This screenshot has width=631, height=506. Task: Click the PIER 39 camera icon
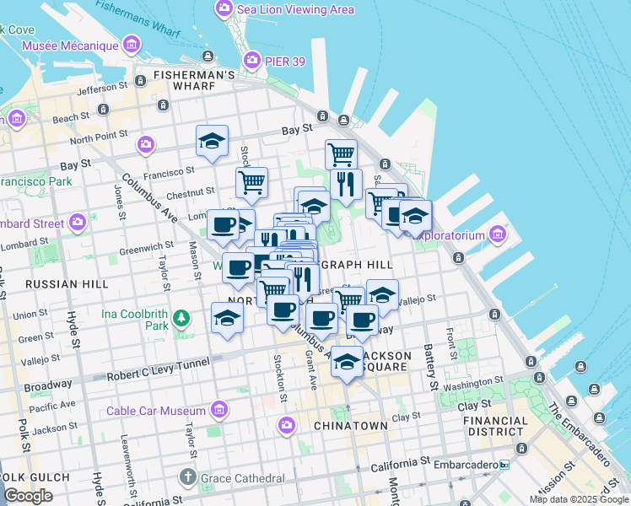(x=251, y=60)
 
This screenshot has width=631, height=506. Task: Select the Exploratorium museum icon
(x=497, y=234)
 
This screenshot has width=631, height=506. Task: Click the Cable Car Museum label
(x=156, y=411)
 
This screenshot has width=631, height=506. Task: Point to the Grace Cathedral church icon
(x=189, y=478)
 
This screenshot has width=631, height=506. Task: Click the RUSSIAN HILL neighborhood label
(x=67, y=284)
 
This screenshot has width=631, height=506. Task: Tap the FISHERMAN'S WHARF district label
(x=194, y=75)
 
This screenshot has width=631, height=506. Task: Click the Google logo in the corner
(x=28, y=496)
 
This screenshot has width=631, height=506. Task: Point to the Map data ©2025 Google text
(x=579, y=499)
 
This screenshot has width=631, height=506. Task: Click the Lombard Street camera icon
(x=78, y=223)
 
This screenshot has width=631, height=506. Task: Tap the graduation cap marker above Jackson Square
(x=347, y=362)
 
